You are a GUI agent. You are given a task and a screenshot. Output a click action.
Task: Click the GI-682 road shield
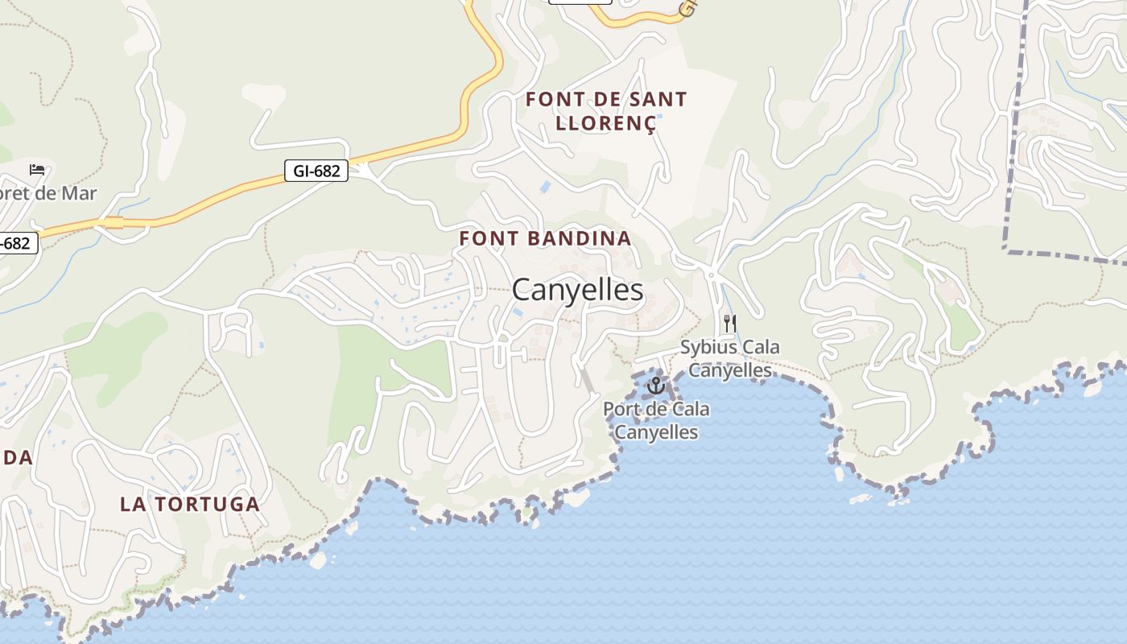[316, 171]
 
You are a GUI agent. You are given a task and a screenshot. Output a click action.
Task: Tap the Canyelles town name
[577, 290]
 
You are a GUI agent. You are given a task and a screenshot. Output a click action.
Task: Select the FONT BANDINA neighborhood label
[545, 238]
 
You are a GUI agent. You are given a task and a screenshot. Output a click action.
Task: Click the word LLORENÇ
[605, 122]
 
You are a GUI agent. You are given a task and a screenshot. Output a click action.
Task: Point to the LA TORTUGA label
[190, 505]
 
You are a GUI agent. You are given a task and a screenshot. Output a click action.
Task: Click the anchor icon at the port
[656, 386]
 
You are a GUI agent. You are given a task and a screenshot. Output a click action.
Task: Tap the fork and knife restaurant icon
[730, 324]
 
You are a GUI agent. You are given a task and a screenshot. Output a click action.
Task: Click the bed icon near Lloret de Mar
[37, 169]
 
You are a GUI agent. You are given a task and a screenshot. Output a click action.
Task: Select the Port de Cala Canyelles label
[656, 420]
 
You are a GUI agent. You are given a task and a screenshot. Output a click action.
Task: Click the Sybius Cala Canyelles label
[730, 358]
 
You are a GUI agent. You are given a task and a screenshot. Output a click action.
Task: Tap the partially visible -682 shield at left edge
[16, 242]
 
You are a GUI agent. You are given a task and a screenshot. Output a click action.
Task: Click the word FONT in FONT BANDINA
[486, 238]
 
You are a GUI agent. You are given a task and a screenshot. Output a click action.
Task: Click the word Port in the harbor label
[620, 409]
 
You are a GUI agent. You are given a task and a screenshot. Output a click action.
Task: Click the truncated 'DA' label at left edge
[16, 458]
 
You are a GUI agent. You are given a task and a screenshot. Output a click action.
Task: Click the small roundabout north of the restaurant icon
[711, 275]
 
